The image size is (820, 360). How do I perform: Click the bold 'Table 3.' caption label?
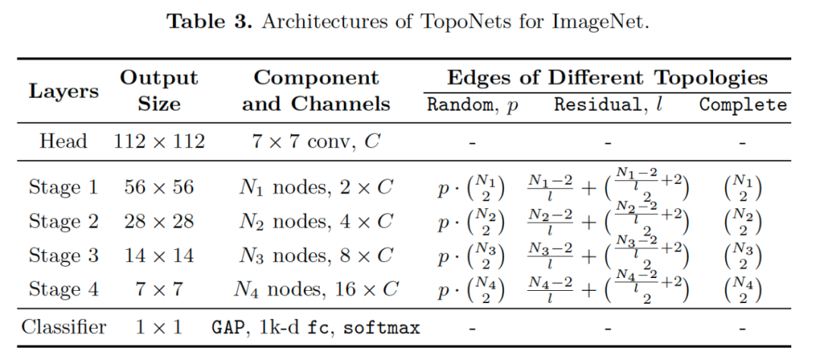coord(209,21)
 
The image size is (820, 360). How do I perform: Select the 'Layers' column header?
coord(64,91)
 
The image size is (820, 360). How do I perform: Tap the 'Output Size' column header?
coord(159,90)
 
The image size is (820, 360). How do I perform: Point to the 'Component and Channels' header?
coord(316,90)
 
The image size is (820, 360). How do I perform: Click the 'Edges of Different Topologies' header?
coord(607,77)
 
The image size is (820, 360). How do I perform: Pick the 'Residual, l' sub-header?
coord(607,105)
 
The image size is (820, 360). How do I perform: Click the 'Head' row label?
coord(64,141)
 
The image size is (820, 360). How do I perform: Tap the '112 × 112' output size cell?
coord(159,141)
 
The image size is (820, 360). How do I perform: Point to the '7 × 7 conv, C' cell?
coord(316,141)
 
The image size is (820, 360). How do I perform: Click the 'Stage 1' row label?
coord(64,188)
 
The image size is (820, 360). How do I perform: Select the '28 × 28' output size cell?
coord(159,222)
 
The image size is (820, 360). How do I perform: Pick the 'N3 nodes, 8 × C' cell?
coord(316,256)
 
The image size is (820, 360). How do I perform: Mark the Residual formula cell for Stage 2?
coord(607,222)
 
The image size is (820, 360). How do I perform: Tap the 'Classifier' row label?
coord(64,328)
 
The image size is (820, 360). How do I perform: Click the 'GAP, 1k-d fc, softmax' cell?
coord(316,328)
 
